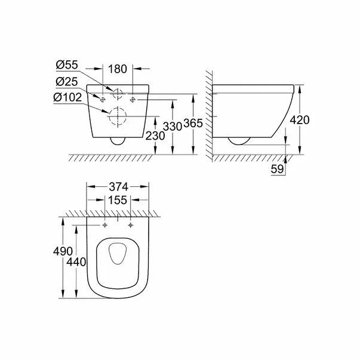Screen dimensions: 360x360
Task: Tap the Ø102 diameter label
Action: click(x=70, y=97)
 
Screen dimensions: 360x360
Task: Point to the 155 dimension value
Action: click(x=118, y=202)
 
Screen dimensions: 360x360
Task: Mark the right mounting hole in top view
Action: click(x=130, y=226)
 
